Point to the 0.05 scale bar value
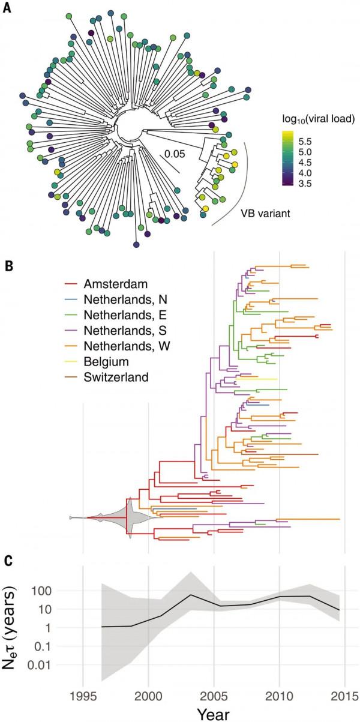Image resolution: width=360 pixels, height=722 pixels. pyautogui.click(x=175, y=154)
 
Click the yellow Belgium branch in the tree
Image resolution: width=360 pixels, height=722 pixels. pyautogui.click(x=258, y=379)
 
